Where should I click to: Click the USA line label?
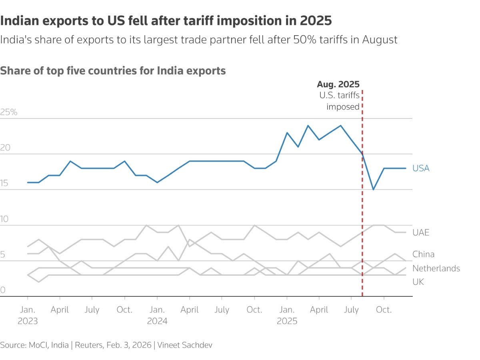point(421,168)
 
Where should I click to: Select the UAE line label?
point(421,232)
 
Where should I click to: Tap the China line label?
point(423,254)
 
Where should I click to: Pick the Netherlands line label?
point(436,268)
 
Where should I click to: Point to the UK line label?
point(418,282)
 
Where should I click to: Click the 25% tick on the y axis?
point(9,112)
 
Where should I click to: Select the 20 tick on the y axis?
point(6,148)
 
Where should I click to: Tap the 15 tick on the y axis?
point(5,184)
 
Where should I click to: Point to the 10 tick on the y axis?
point(5,219)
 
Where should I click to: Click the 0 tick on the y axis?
point(3,290)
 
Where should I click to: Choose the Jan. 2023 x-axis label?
point(27,315)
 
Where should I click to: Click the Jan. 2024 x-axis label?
point(157,315)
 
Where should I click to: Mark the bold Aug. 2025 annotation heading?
point(338,84)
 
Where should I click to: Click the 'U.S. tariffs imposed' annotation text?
point(340,101)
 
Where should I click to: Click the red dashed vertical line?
point(362,240)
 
